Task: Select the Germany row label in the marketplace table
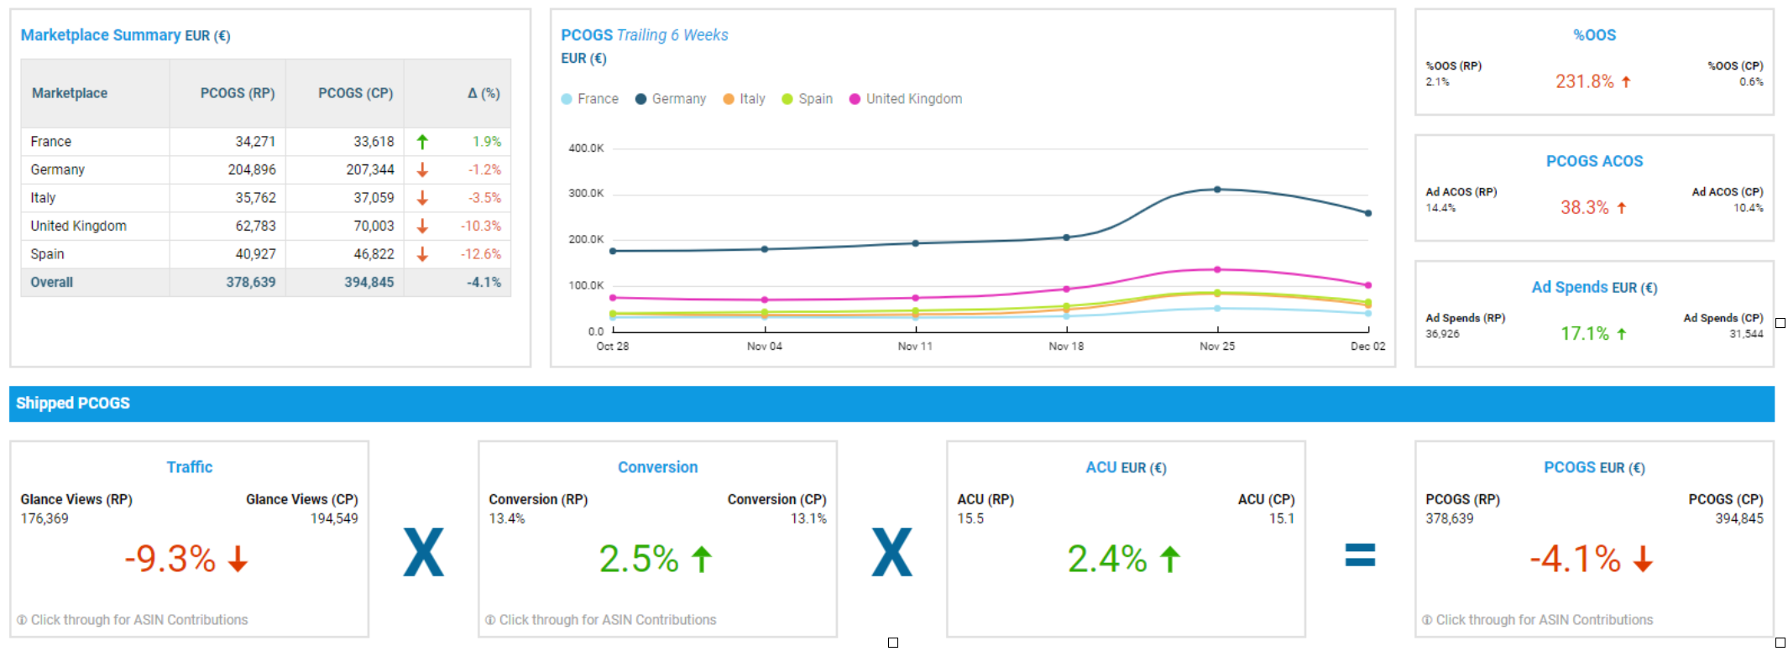pyautogui.click(x=57, y=169)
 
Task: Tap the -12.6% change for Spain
pyautogui.click(x=480, y=254)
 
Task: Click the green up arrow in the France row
pyautogui.click(x=422, y=142)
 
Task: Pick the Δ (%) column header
pyautogui.click(x=484, y=93)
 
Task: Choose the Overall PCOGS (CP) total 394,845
pyautogui.click(x=369, y=283)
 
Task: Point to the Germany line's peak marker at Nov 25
pyautogui.click(x=1217, y=190)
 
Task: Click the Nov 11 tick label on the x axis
pyautogui.click(x=915, y=346)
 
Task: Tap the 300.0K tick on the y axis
pyautogui.click(x=586, y=194)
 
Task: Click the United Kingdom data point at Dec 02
pyautogui.click(x=1368, y=285)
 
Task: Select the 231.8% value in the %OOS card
pyautogui.click(x=1584, y=81)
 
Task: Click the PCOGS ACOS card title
pyautogui.click(x=1594, y=161)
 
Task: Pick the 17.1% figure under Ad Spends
pyautogui.click(x=1584, y=334)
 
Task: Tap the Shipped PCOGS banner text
pyautogui.click(x=73, y=404)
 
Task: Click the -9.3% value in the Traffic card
pyautogui.click(x=170, y=559)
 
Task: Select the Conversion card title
pyautogui.click(x=657, y=467)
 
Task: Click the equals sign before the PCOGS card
pyautogui.click(x=1360, y=555)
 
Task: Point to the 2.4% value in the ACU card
pyautogui.click(x=1107, y=559)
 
